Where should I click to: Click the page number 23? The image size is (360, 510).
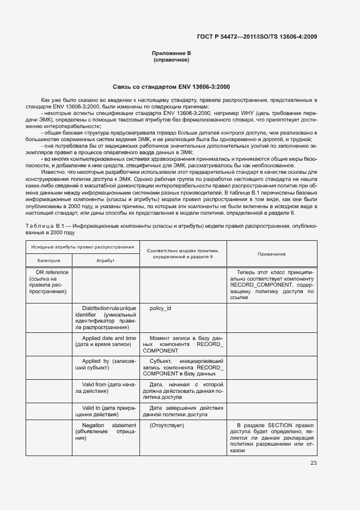(x=313, y=464)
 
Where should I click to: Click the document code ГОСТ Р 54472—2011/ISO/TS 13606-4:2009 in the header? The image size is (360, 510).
(x=257, y=37)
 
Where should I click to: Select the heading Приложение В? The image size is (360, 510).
(x=171, y=53)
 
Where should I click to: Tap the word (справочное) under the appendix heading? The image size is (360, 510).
(x=171, y=60)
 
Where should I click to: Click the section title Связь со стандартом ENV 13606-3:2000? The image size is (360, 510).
(x=171, y=87)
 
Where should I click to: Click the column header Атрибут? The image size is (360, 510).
(x=105, y=260)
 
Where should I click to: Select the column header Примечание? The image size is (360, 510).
(x=271, y=254)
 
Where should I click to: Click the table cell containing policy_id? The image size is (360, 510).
(x=160, y=308)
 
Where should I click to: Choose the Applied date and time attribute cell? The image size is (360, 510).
(x=106, y=342)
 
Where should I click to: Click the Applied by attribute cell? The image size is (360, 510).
(x=106, y=365)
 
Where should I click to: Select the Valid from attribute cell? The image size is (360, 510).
(x=106, y=388)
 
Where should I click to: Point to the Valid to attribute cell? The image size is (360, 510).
(x=106, y=410)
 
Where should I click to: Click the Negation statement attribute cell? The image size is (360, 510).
(x=106, y=432)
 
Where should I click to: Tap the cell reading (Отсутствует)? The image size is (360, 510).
(x=167, y=425)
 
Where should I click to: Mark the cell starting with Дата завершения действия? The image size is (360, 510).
(x=183, y=410)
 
